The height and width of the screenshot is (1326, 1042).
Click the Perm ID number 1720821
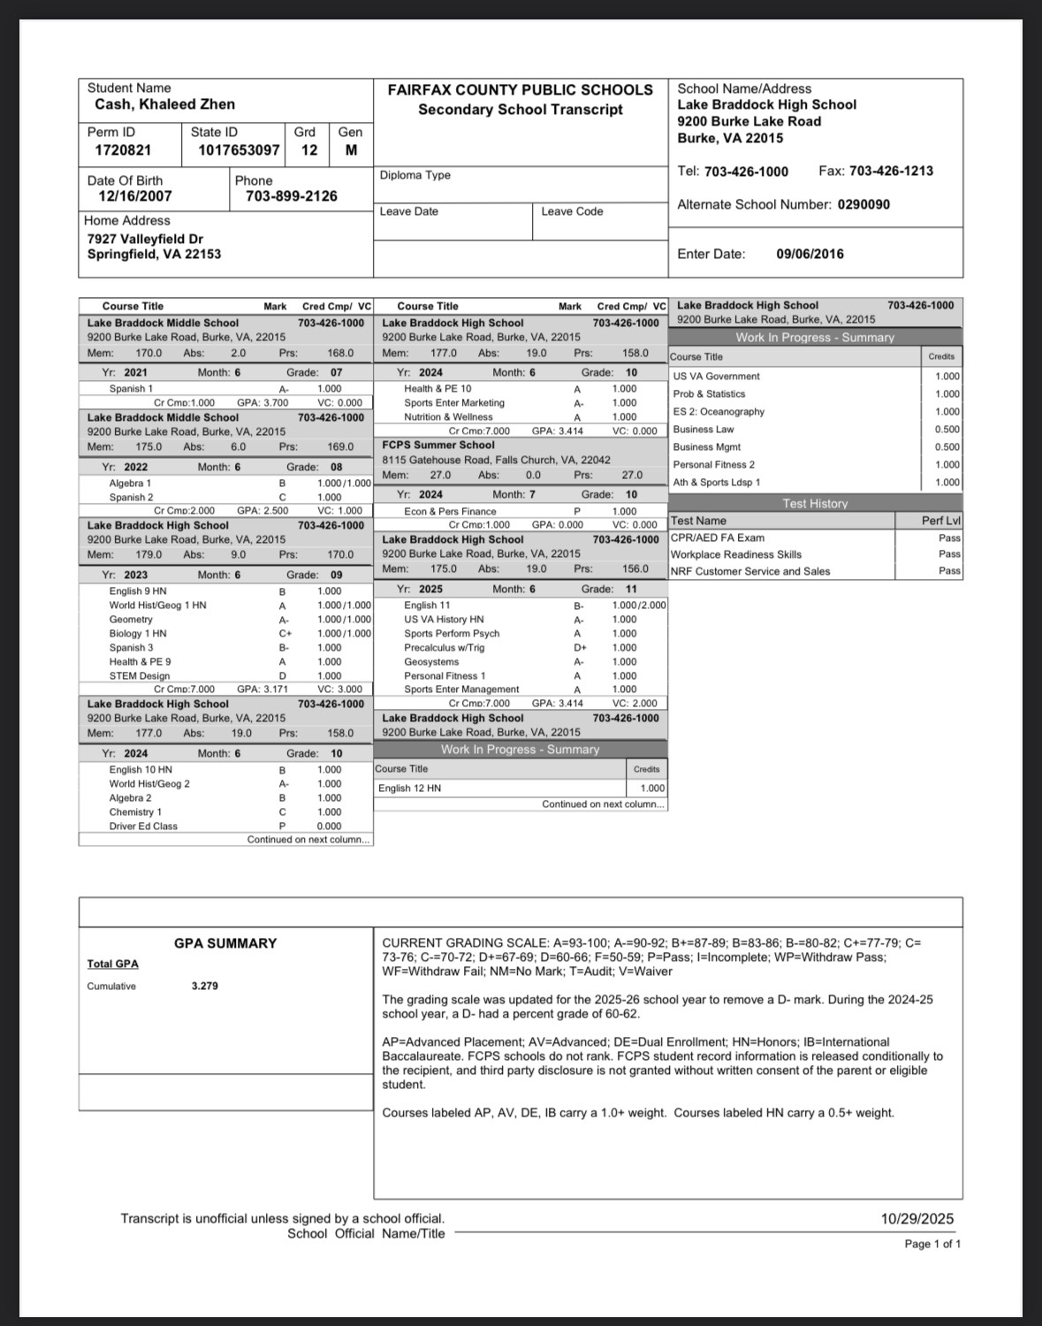click(x=123, y=150)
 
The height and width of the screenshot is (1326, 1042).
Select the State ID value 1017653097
click(x=239, y=150)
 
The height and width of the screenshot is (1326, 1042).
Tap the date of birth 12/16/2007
click(x=135, y=196)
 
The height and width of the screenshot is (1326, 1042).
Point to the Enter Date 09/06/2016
click(x=810, y=254)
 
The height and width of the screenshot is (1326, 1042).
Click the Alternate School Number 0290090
click(x=863, y=204)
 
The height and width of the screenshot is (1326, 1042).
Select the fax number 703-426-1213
click(x=891, y=171)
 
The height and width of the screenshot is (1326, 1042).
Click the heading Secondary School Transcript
click(x=520, y=110)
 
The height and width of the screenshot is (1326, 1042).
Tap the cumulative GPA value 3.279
click(x=205, y=986)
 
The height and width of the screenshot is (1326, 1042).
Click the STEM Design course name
click(x=140, y=676)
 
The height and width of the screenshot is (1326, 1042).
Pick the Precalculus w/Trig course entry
click(x=445, y=648)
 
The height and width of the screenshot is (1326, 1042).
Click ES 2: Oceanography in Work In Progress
click(x=719, y=412)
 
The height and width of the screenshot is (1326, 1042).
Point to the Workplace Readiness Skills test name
click(x=736, y=554)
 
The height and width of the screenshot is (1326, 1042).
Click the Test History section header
click(x=815, y=503)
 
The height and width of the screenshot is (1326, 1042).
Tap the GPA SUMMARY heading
click(x=225, y=943)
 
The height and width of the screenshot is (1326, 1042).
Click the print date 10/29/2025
click(x=917, y=1219)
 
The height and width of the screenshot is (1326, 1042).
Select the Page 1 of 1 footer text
click(x=932, y=1244)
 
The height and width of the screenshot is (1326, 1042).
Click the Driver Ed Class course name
click(x=143, y=827)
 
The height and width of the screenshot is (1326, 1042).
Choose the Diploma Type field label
click(x=415, y=175)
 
